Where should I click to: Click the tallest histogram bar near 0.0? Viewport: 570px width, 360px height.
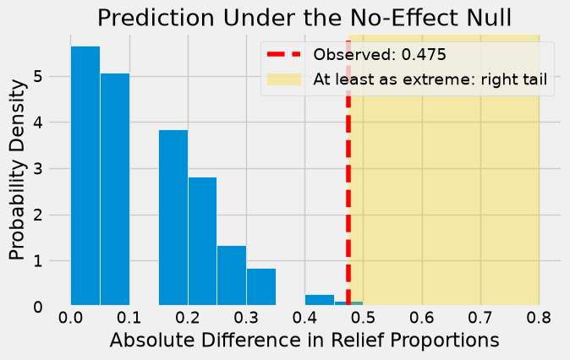(x=85, y=176)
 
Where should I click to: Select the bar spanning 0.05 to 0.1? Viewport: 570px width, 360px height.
(x=115, y=189)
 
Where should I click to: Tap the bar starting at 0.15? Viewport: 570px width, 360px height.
(x=173, y=217)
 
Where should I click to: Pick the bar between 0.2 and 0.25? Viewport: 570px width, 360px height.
(x=202, y=241)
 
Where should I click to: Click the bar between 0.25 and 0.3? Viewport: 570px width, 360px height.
(x=232, y=275)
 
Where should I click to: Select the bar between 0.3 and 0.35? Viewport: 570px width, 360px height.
(x=261, y=287)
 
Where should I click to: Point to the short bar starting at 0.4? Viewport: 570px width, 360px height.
(x=320, y=300)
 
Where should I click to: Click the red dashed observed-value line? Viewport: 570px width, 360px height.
(x=348, y=173)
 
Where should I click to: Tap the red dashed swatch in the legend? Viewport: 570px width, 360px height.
(x=284, y=54)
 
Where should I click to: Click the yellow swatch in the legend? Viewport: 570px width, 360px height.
(x=284, y=79)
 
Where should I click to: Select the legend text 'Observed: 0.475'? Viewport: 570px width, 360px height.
(x=380, y=54)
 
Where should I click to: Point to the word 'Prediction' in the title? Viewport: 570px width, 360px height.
(x=156, y=18)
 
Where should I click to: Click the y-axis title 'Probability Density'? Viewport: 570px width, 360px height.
(x=18, y=170)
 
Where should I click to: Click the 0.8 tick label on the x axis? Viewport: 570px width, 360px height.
(x=539, y=318)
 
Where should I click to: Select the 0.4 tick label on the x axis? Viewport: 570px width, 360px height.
(x=305, y=318)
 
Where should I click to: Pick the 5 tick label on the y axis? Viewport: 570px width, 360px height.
(x=38, y=77)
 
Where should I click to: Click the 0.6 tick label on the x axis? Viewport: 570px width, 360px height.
(x=422, y=318)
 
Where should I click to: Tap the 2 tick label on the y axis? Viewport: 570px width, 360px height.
(x=38, y=215)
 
